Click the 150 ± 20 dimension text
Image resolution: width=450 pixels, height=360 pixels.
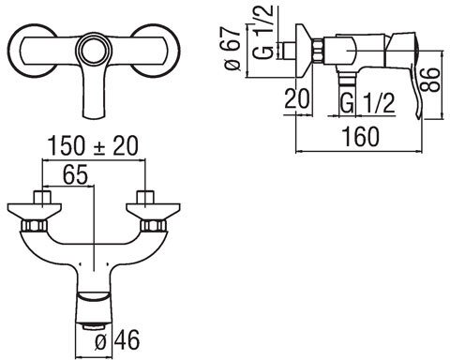(x=93, y=146)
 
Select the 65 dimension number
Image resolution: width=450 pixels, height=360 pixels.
(x=75, y=174)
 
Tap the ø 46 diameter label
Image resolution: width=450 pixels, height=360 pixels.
(x=116, y=340)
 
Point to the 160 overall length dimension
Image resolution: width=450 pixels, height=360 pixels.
(x=361, y=137)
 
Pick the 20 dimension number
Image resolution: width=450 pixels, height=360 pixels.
(x=297, y=98)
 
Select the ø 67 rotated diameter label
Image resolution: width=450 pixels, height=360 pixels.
(x=232, y=48)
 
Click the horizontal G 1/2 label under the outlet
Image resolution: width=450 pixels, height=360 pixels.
(x=367, y=103)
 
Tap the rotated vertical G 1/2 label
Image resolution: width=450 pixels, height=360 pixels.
(x=263, y=32)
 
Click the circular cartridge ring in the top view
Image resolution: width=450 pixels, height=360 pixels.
(x=93, y=50)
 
